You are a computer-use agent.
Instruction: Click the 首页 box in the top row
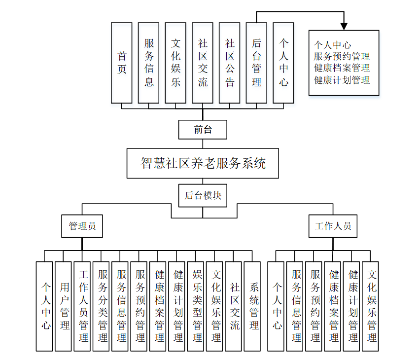[122, 63]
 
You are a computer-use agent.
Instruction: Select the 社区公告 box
[230, 63]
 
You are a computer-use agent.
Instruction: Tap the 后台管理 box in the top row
[257, 63]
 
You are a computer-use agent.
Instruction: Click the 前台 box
[203, 130]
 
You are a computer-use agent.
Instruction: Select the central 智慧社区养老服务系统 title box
[203, 163]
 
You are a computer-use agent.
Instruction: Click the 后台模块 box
[203, 195]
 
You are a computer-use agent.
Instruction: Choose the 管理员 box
[82, 226]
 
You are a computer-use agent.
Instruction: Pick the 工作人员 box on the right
[333, 226]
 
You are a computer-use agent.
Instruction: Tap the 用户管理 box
[63, 306]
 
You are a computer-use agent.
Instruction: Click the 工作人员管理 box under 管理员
[82, 306]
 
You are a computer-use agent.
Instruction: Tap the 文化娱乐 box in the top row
[176, 63]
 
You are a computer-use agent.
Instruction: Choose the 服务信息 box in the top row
[149, 63]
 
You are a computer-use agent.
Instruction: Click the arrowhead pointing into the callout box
[344, 26]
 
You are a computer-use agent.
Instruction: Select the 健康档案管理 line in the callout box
[342, 68]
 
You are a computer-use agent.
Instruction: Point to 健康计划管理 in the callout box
[342, 79]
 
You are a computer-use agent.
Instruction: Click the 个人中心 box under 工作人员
[276, 306]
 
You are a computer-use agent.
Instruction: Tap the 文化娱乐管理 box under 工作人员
[371, 306]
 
